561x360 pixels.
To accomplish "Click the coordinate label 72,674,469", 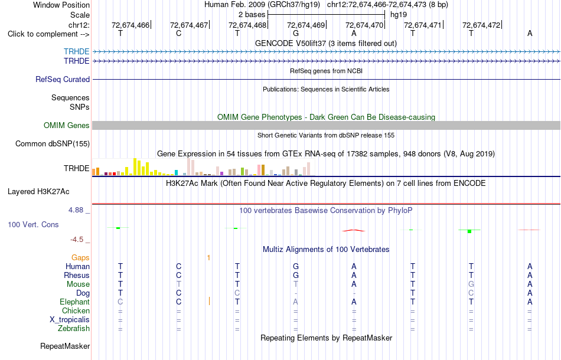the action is [306, 25].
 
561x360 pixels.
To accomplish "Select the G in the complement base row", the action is [295, 33].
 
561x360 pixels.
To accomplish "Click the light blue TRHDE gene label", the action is [77, 51].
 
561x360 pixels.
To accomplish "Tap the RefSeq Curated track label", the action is [63, 79].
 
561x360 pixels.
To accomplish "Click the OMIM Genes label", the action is [67, 126].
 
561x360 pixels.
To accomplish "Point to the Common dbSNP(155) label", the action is [53, 144].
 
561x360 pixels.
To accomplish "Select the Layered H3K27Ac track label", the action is [38, 192].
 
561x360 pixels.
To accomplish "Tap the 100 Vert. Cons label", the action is [33, 224].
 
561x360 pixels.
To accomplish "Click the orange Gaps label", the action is [80, 257].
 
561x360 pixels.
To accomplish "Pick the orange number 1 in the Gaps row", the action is [208, 257].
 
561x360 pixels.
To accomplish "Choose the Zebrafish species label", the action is [74, 328].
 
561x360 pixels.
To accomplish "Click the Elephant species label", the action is [75, 302].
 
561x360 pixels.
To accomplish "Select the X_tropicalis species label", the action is [70, 320].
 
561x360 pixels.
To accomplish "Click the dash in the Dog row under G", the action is [295, 293].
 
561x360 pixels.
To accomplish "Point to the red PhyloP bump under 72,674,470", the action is [354, 231].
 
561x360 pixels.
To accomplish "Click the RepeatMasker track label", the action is [65, 346].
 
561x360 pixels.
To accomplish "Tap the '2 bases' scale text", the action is [252, 15].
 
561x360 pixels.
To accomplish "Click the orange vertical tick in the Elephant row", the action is [209, 302].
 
